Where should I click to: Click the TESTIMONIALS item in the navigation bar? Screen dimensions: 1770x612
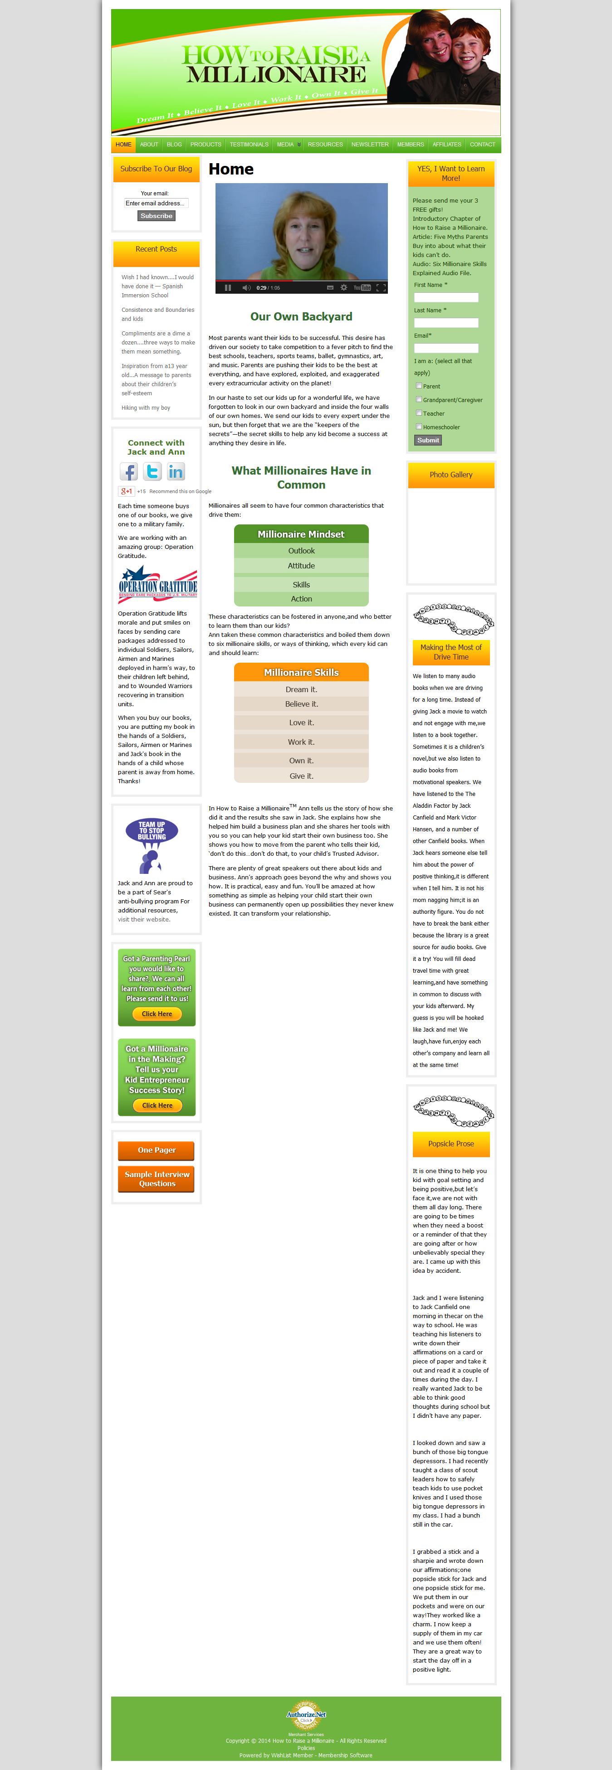[249, 144]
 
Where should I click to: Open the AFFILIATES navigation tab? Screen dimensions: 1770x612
[446, 144]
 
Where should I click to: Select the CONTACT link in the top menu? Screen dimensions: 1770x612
[482, 144]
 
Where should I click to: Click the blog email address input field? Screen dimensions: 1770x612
[156, 204]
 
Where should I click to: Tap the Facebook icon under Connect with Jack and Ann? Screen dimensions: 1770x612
[128, 471]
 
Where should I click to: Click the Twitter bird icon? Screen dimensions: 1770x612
[152, 471]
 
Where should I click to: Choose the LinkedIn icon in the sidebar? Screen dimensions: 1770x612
[176, 471]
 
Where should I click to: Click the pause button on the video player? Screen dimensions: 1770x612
[228, 288]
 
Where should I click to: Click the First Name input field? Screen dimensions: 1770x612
[446, 297]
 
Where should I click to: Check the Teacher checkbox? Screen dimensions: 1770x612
[419, 413]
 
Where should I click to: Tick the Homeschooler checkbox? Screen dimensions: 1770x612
[419, 427]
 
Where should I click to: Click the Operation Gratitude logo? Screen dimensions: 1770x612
[157, 582]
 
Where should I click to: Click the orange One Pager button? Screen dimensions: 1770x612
[156, 1150]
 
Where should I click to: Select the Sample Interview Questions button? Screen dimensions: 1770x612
[156, 1179]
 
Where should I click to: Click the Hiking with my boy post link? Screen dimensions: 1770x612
[146, 408]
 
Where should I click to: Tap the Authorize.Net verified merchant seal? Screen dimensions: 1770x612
[306, 1715]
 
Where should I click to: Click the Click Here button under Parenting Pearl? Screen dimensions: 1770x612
[157, 1014]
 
